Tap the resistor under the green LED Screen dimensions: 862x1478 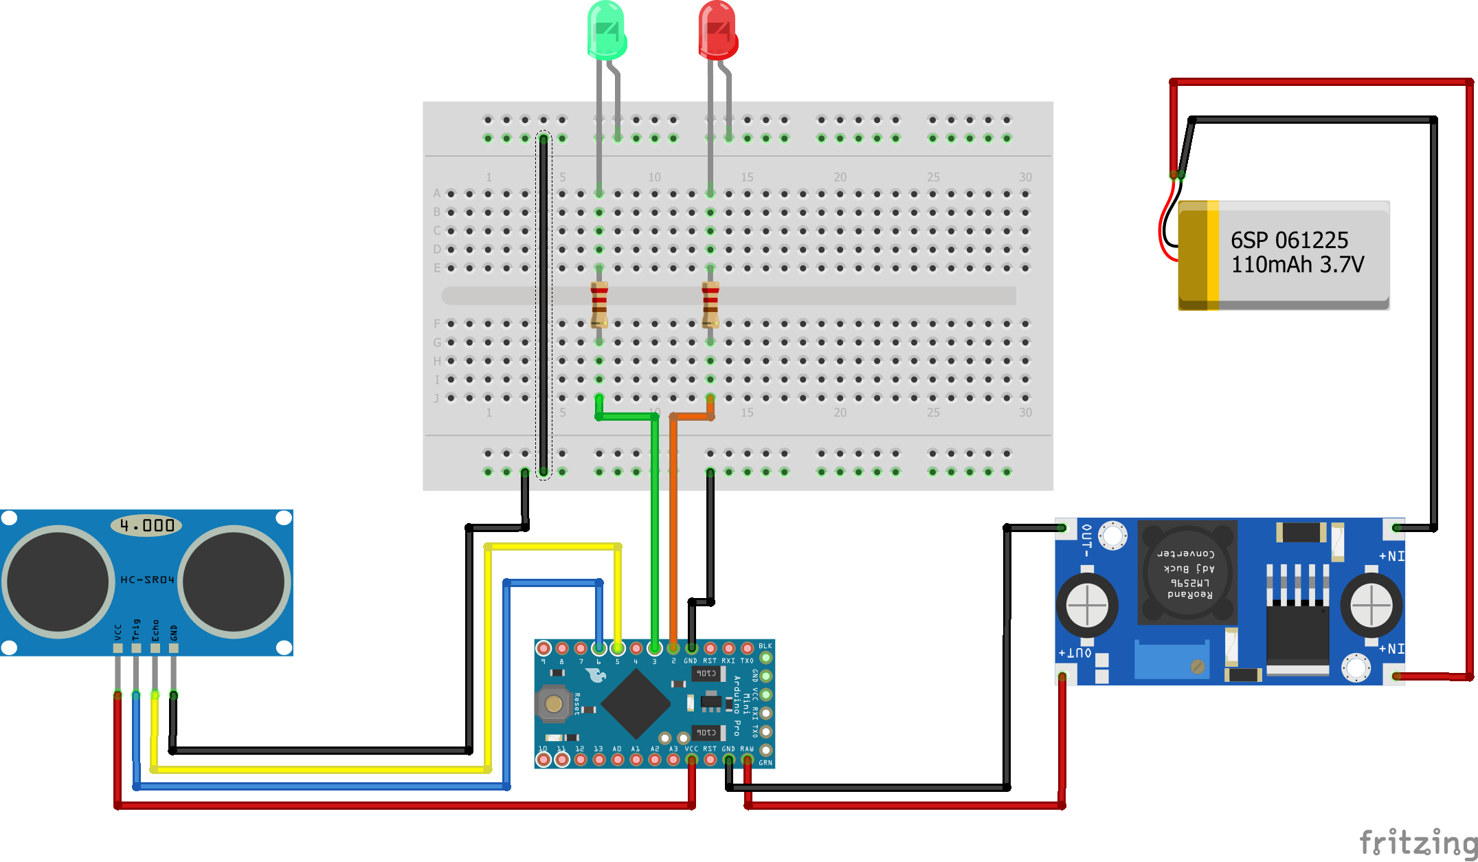599,304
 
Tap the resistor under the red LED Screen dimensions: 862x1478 710,304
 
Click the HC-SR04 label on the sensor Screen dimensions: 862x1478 147,579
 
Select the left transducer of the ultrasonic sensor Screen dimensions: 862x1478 58,582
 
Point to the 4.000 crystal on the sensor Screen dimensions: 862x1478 146,526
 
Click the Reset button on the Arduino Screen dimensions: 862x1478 553,703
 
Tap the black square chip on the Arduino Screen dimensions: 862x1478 636,703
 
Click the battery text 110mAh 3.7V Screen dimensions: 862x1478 1297,265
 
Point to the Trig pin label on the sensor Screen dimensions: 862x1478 136,629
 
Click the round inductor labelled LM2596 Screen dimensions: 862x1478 1187,573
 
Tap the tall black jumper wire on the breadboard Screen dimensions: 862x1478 544,302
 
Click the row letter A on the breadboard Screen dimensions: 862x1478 436,194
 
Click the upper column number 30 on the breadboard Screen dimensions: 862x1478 1025,177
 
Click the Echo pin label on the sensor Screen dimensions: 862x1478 155,630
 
